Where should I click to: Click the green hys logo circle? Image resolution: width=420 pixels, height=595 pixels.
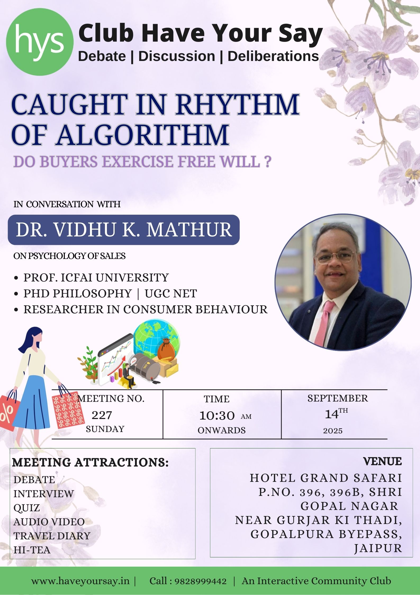(x=40, y=42)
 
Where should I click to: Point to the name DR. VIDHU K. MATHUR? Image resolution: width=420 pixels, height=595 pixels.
(x=124, y=230)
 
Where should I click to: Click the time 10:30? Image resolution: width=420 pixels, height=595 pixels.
(x=217, y=416)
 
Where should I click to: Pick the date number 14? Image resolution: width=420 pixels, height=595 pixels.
(x=332, y=414)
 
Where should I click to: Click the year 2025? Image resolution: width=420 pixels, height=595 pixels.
(x=333, y=431)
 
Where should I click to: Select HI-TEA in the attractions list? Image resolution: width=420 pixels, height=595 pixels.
(x=32, y=550)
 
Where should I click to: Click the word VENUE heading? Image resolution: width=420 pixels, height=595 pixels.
(x=382, y=461)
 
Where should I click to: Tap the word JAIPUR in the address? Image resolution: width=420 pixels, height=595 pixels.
(x=378, y=548)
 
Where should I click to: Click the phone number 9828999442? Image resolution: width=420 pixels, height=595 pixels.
(x=200, y=581)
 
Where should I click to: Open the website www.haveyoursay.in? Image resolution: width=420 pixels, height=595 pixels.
(x=80, y=581)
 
